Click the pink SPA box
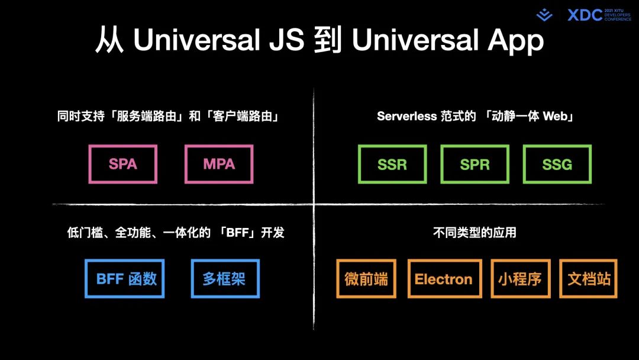pos(123,164)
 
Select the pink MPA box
pos(219,164)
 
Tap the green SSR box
pos(392,164)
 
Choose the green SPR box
pos(475,164)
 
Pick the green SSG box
pos(557,164)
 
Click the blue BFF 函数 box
pos(124,278)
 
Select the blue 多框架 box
pos(225,278)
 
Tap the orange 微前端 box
pos(366,279)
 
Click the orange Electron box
pos(443,279)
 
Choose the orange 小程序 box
pos(520,279)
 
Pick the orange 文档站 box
pos(589,279)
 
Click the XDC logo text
pos(585,15)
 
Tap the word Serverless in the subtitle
pos(407,117)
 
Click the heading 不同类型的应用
pos(475,233)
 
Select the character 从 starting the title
pos(109,40)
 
